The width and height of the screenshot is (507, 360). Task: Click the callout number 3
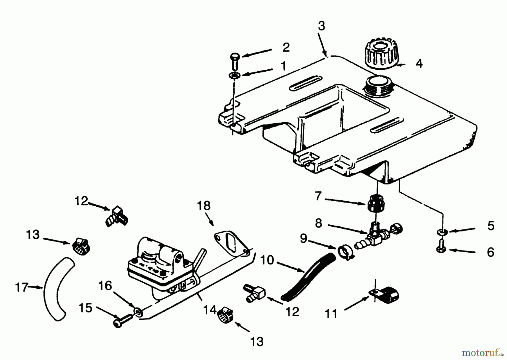tap(321, 26)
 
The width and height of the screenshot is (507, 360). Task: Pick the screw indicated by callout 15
tap(123, 321)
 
